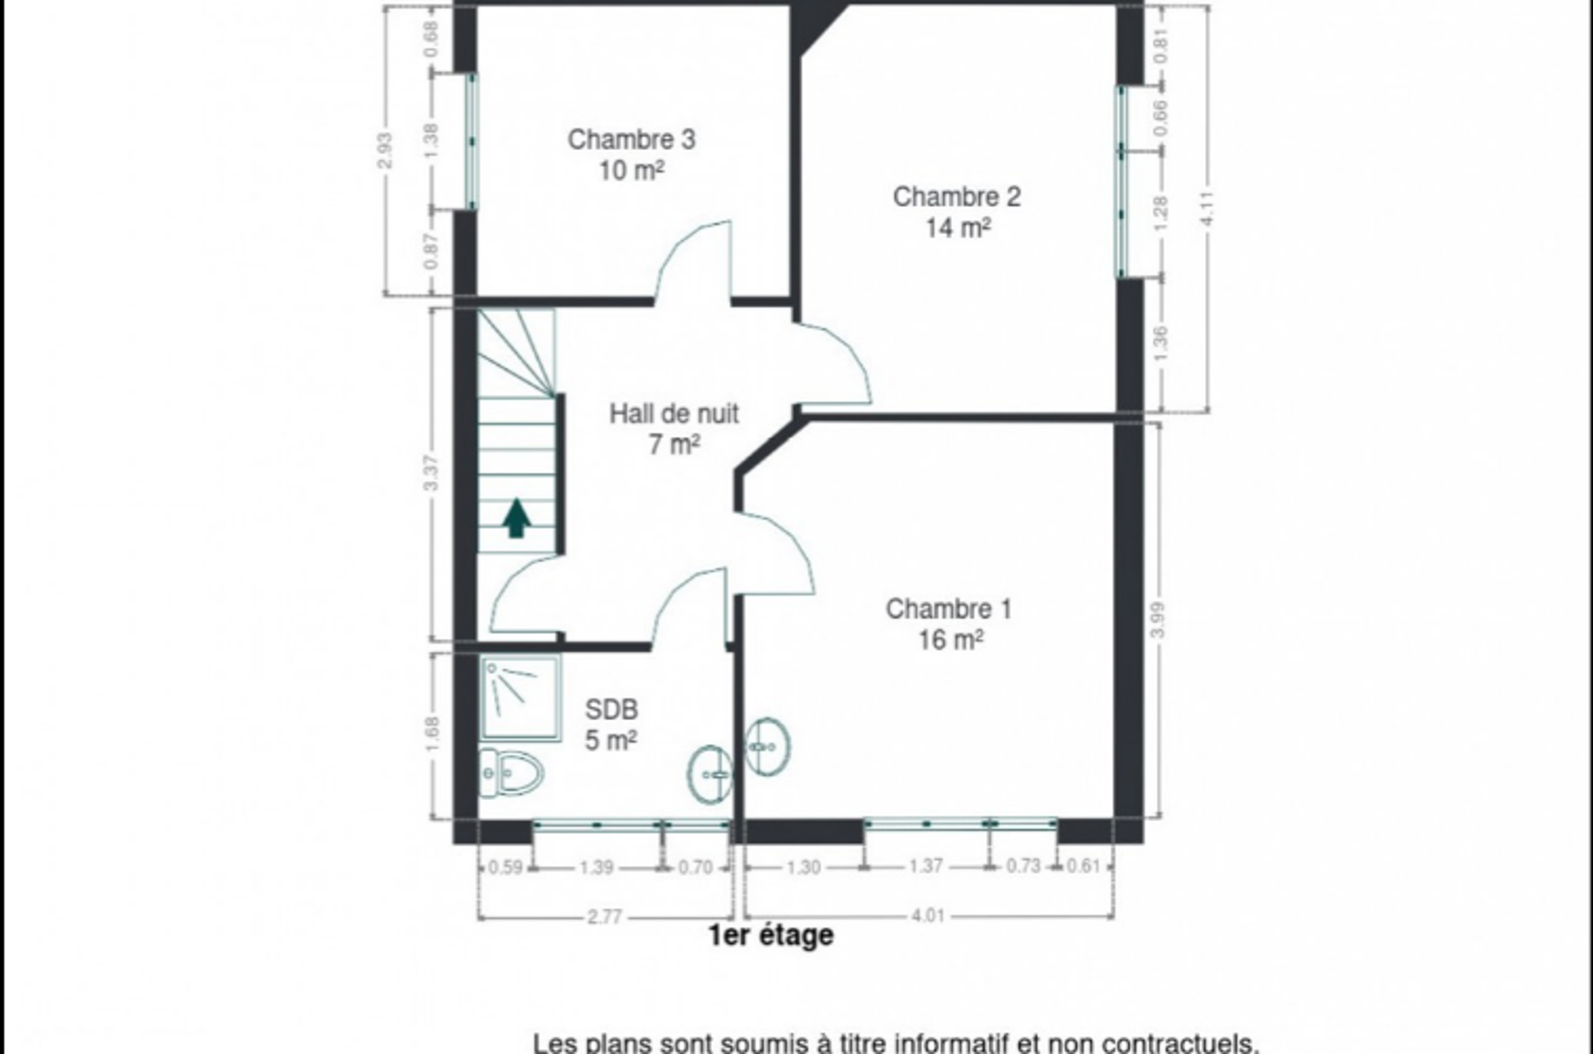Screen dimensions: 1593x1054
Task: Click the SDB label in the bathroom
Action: point(612,709)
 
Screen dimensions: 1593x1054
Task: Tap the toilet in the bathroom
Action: point(511,773)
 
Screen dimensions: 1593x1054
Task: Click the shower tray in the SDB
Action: point(521,698)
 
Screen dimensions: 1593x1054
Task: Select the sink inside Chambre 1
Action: point(768,746)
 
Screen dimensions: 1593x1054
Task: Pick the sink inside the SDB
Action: point(710,774)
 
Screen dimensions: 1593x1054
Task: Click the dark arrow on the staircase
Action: point(516,517)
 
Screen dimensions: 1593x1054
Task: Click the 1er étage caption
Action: point(770,935)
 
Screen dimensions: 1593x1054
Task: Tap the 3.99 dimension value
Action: point(1156,619)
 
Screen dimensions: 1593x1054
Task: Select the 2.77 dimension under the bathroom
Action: point(604,917)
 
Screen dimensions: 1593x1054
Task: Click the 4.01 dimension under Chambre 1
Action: point(928,916)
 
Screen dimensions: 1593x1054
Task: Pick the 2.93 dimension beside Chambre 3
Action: point(385,150)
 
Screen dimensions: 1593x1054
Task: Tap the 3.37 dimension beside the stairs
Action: point(432,474)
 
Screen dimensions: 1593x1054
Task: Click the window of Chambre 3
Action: point(472,141)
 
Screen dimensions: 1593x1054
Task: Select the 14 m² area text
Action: point(958,228)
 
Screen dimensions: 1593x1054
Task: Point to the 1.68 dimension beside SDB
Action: point(432,733)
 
